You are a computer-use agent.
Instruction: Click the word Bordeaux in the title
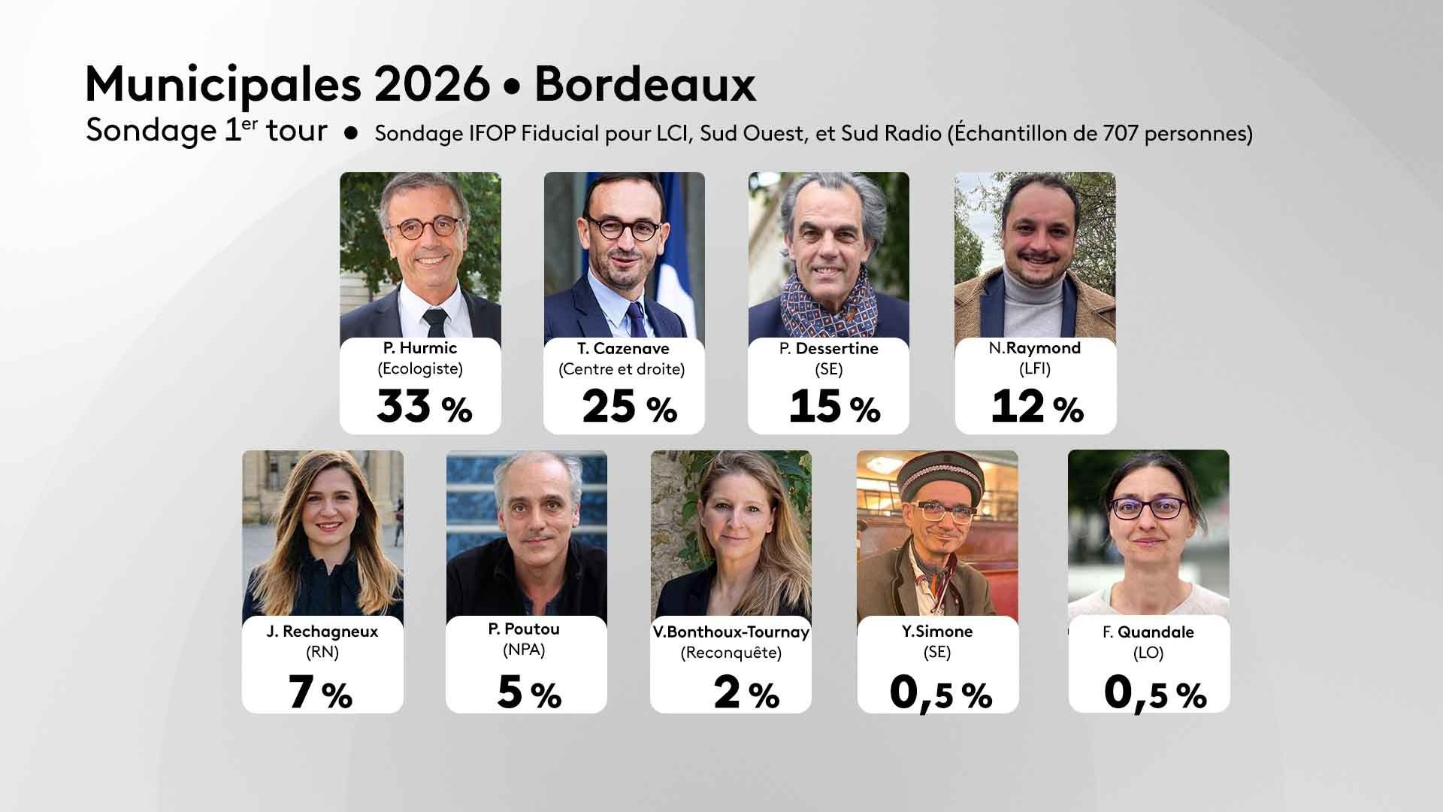645,86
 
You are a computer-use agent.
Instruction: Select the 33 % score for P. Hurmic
424,407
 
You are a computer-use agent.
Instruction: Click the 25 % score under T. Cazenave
629,407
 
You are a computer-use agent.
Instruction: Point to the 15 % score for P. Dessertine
834,407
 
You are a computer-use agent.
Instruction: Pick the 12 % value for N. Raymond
1037,407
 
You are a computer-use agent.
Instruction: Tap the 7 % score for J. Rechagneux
320,692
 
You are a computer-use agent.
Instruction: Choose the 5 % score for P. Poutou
528,692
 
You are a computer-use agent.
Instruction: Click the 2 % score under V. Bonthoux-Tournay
746,692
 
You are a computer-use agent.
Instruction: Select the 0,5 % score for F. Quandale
1154,692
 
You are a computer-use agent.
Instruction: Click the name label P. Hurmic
419,348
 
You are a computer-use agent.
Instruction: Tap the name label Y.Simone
937,632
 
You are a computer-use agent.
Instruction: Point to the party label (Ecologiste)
419,368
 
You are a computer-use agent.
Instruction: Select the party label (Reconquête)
731,653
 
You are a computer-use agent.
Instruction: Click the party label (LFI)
1035,368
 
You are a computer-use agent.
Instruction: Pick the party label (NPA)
524,650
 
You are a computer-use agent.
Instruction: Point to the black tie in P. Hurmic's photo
434,321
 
